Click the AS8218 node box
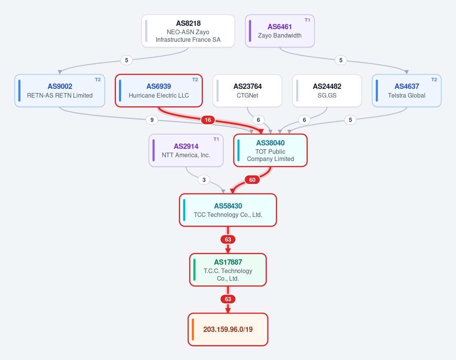pos(188,31)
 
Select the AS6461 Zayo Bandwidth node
pos(280,31)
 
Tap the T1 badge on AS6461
pos(307,20)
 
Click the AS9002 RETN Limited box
pos(60,91)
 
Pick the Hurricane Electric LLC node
pos(159,91)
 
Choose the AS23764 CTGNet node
pos(247,91)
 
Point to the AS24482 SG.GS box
pos(327,91)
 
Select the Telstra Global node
pos(407,91)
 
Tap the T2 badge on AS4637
pos(434,80)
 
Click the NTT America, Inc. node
pos(186,150)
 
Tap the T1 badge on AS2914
pos(216,139)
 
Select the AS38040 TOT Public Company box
pos(271,150)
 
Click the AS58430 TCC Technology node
pos(228,210)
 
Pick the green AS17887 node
pos(228,270)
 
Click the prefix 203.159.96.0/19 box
pos(228,330)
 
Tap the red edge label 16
pos(208,120)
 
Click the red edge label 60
pos(252,180)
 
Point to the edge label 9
pos(152,120)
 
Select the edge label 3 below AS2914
pos(204,180)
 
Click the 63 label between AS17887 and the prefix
pos(228,299)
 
